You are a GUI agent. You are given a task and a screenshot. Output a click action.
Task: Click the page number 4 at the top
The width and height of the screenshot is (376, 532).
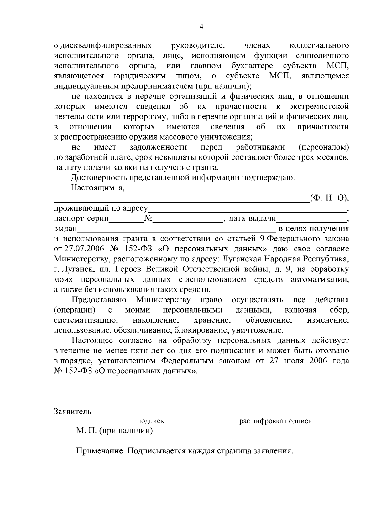tap(201, 27)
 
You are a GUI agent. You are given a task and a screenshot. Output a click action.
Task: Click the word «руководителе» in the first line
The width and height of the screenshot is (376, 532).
tap(198, 46)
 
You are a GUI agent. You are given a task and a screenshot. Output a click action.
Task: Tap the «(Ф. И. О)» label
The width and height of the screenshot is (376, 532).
tap(329, 198)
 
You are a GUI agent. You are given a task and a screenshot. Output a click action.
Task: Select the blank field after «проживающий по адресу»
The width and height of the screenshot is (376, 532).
tap(248, 209)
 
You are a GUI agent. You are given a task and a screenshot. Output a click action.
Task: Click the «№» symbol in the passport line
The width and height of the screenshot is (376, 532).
tap(148, 219)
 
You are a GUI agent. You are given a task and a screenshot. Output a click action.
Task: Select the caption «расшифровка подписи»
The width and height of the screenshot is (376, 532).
tap(276, 421)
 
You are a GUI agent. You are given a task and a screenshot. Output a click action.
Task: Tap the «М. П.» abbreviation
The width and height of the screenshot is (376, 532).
tap(86, 431)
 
